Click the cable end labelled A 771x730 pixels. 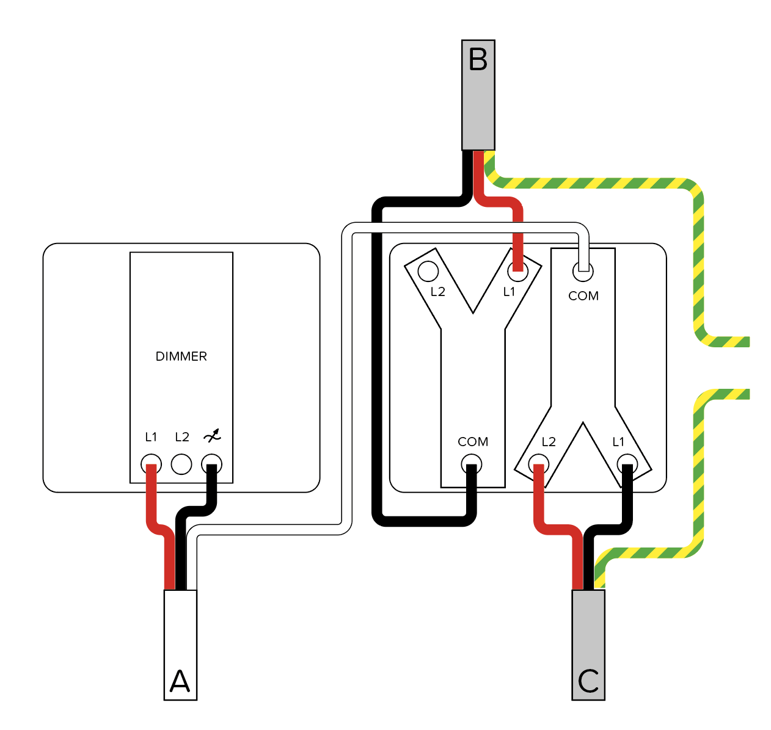pyautogui.click(x=180, y=644)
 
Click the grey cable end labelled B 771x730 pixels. pyautogui.click(x=478, y=95)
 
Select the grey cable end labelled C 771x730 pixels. pyautogui.click(x=588, y=644)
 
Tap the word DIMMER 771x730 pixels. pyautogui.click(x=181, y=356)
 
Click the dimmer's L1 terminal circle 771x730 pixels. pyautogui.click(x=151, y=464)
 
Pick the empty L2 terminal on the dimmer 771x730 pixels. pyautogui.click(x=181, y=464)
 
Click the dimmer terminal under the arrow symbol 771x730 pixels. pyautogui.click(x=211, y=464)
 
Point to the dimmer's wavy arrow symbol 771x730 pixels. pyautogui.click(x=212, y=436)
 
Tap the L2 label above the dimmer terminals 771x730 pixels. pyautogui.click(x=182, y=436)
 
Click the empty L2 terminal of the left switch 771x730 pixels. pyautogui.click(x=428, y=271)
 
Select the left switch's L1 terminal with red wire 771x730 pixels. pyautogui.click(x=517, y=271)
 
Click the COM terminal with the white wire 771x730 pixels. pyautogui.click(x=583, y=271)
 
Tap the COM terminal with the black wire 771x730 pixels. pyautogui.click(x=472, y=464)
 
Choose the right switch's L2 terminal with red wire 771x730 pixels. pyautogui.click(x=538, y=464)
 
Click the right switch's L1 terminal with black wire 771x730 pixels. pyautogui.click(x=627, y=464)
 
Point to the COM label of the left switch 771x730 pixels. pyautogui.click(x=473, y=442)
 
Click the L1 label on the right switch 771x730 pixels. pyautogui.click(x=618, y=442)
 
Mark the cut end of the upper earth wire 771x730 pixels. pyautogui.click(x=748, y=342)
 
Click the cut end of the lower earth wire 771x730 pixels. pyautogui.click(x=748, y=394)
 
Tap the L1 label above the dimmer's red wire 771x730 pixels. pyautogui.click(x=151, y=436)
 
